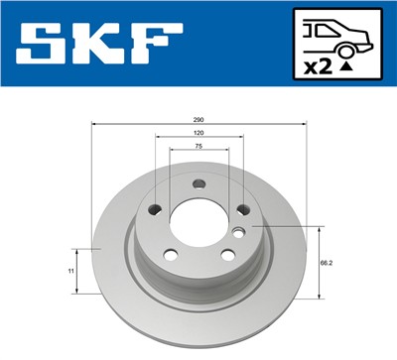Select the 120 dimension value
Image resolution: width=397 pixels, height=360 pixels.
(x=198, y=132)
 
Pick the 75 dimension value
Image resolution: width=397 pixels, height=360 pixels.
(x=198, y=146)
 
